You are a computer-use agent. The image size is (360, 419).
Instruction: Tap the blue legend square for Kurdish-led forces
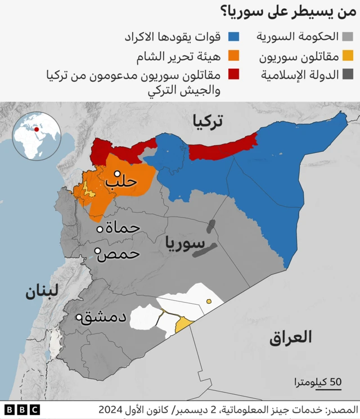[234, 37]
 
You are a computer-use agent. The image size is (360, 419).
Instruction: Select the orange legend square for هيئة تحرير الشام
[234, 56]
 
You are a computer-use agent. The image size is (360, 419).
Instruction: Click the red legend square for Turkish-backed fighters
[234, 74]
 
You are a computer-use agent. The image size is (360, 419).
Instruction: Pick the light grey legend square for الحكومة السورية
[348, 37]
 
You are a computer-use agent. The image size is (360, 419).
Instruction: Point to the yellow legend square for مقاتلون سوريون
[348, 56]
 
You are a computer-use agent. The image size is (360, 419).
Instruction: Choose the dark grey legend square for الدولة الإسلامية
[348, 74]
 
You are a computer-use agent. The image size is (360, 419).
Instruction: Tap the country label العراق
[290, 337]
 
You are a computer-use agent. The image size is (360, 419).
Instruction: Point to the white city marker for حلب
[118, 174]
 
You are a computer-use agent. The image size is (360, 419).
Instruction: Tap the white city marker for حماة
[100, 229]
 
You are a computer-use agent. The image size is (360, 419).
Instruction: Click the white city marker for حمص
[97, 251]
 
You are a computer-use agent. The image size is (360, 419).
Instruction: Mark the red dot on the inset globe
[37, 129]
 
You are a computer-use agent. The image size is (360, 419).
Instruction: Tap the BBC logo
[22, 409]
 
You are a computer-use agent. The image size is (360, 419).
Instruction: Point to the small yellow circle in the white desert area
[209, 301]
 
